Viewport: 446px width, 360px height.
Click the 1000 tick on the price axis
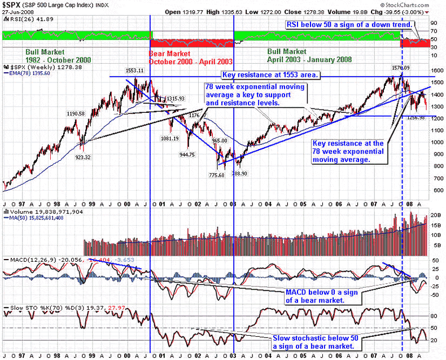tap(434, 142)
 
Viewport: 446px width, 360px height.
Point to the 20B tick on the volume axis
tap(435, 216)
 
